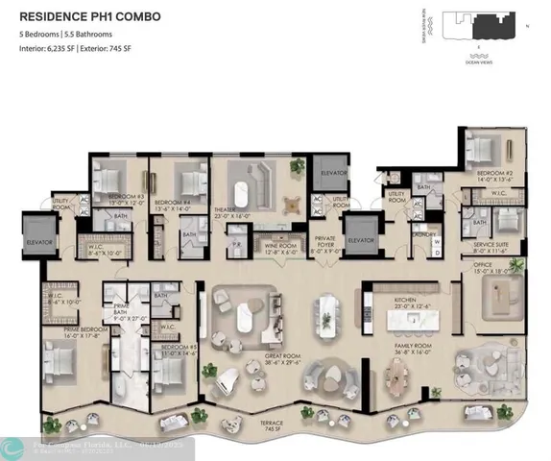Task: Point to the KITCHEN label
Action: (405, 302)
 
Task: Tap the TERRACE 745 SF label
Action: (276, 424)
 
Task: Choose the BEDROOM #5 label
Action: (179, 349)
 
